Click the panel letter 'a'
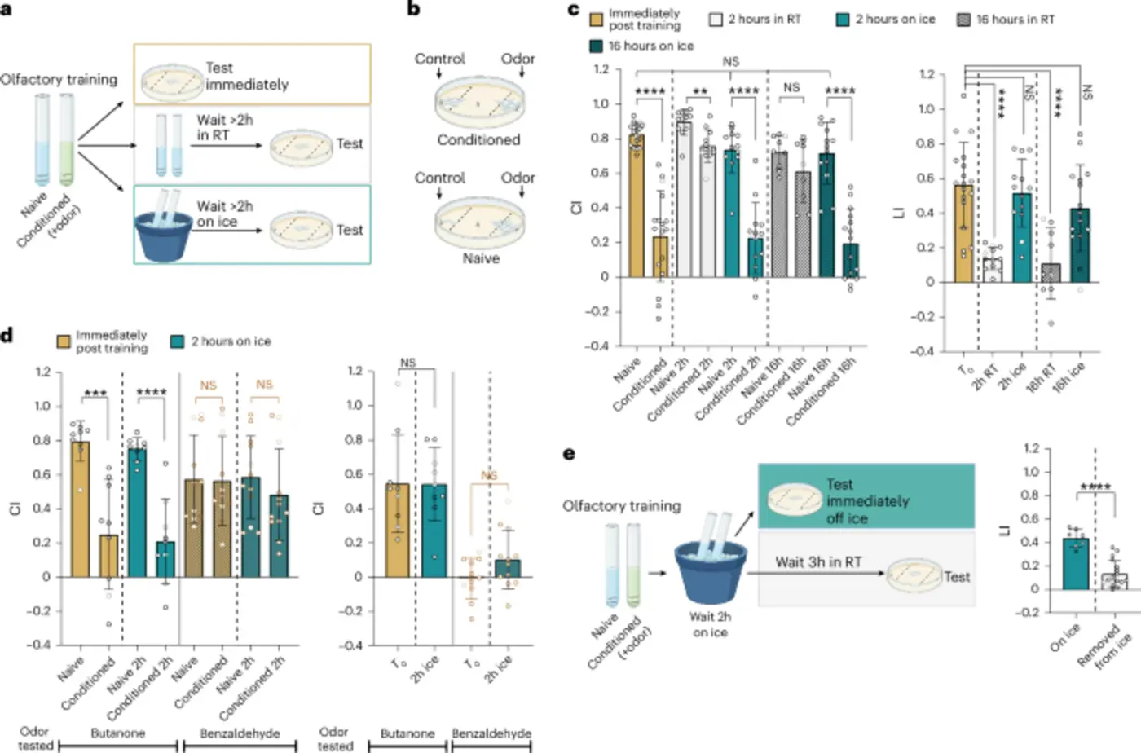[x=7, y=11]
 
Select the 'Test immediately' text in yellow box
[x=246, y=76]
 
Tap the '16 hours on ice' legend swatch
[x=596, y=46]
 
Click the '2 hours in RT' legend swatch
[x=716, y=20]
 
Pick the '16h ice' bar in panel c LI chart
[x=1080, y=244]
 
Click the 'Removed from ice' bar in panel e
[x=1114, y=580]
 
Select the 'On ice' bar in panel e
[x=1076, y=563]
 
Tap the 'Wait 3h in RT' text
[x=817, y=562]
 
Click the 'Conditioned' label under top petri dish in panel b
[x=478, y=140]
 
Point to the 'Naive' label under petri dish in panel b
[x=481, y=258]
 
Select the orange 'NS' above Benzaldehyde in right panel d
[x=489, y=475]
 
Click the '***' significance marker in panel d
[x=95, y=394]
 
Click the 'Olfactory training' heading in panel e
[x=621, y=506]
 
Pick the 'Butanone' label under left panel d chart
[x=118, y=733]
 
